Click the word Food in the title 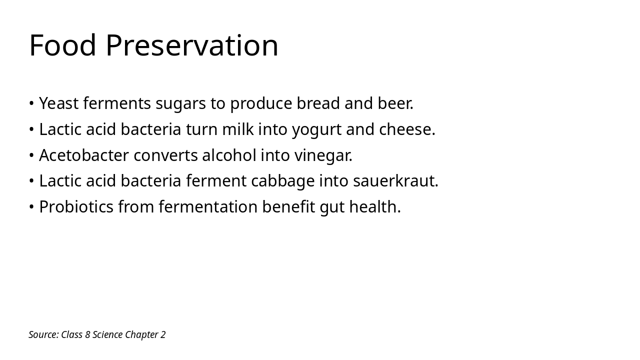62,45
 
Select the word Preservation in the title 192,45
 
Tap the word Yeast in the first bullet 59,103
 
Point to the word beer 395,103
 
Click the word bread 318,103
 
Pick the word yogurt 316,130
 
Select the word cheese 407,129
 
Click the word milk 237,129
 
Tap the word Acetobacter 84,155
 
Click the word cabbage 282,181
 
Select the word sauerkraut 395,181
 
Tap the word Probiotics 76,207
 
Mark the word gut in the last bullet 332,207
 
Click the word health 375,207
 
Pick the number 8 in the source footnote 87,334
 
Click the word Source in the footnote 43,334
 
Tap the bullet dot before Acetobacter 31,155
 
